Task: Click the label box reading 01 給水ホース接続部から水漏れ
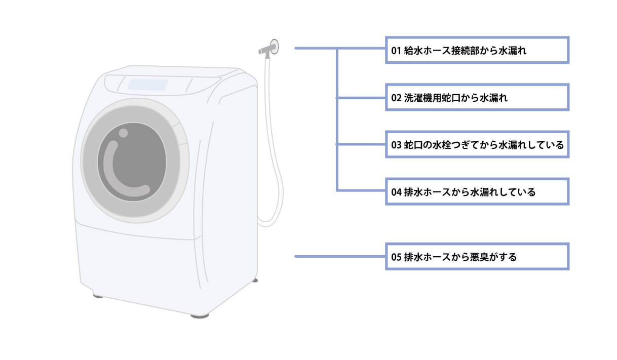477,50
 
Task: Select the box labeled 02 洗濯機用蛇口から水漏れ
477,97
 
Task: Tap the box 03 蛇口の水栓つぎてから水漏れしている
477,145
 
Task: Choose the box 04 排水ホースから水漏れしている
477,191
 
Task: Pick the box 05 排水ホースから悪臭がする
477,257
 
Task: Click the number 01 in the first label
396,51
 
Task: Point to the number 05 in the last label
396,257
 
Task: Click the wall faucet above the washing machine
269,48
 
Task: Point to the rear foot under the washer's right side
255,279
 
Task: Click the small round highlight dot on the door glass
123,133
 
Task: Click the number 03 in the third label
396,145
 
